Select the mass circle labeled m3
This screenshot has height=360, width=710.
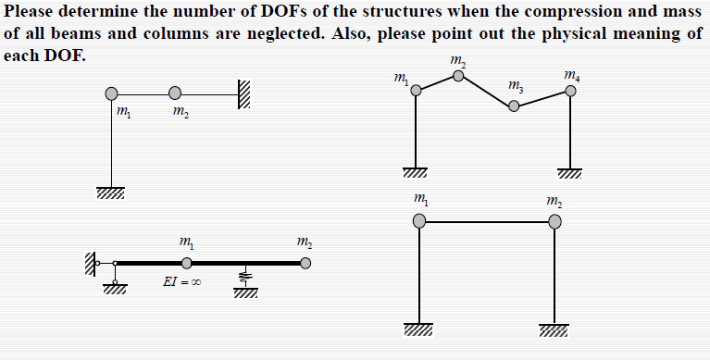tap(515, 106)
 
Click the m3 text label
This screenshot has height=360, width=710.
tap(516, 88)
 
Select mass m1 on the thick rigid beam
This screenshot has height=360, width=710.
tap(187, 264)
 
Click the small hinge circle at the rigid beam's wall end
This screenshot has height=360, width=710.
tap(115, 264)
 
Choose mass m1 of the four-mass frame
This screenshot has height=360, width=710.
tap(417, 91)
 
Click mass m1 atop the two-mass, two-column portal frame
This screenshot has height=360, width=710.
tap(419, 221)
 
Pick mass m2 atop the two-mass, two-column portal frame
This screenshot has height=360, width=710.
tap(554, 221)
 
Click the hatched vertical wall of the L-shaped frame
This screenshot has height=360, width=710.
tap(244, 94)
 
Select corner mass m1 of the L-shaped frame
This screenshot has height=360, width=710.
tap(112, 93)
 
